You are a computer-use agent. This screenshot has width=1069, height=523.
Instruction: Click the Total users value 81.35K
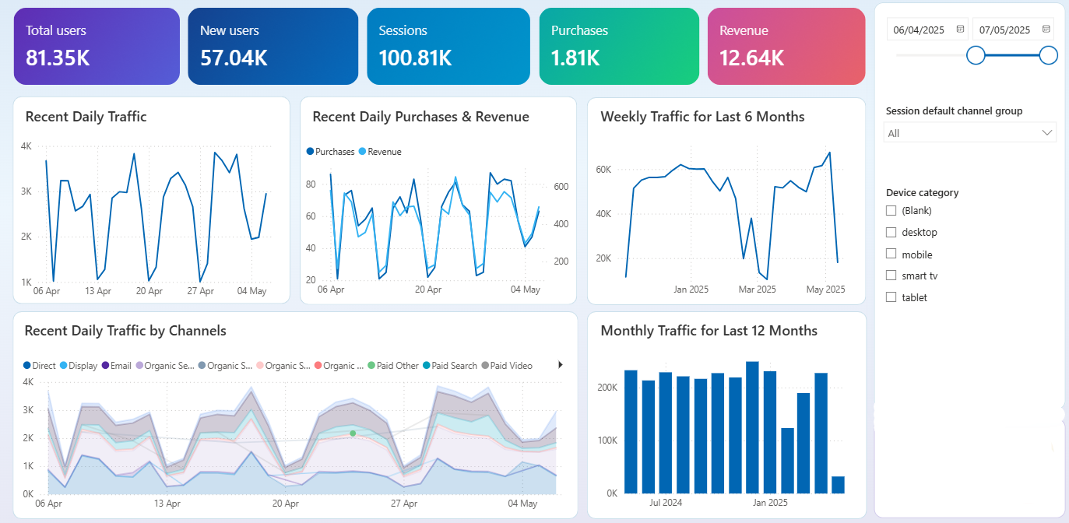[x=58, y=58]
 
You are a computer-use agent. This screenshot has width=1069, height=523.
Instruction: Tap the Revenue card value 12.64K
[x=751, y=58]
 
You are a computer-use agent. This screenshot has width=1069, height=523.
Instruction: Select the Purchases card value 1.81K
[x=575, y=58]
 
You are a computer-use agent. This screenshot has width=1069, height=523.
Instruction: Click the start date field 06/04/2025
[x=919, y=30]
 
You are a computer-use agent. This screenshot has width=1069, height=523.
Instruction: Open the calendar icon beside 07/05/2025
[x=1046, y=30]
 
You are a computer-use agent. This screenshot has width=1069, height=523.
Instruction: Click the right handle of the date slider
[x=1049, y=55]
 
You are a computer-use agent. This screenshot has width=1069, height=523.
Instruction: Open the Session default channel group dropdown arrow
[x=1046, y=133]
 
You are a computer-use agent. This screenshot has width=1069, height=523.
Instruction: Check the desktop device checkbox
[x=891, y=232]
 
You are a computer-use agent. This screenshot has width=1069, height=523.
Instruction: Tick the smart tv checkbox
[x=891, y=276]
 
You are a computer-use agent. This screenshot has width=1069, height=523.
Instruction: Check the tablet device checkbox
[x=891, y=297]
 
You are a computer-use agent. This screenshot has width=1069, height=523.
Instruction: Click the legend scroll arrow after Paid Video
[x=561, y=365]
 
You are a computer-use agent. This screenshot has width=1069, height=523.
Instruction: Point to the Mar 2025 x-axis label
[x=757, y=290]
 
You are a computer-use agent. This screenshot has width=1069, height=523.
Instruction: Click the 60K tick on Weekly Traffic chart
[x=604, y=170]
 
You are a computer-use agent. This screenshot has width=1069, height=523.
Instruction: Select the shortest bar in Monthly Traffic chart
[x=838, y=485]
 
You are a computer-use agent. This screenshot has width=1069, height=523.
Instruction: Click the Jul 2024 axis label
[x=666, y=503]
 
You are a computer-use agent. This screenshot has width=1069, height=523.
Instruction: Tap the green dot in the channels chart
[x=353, y=433]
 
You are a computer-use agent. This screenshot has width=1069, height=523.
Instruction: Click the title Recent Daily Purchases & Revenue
[x=420, y=117]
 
